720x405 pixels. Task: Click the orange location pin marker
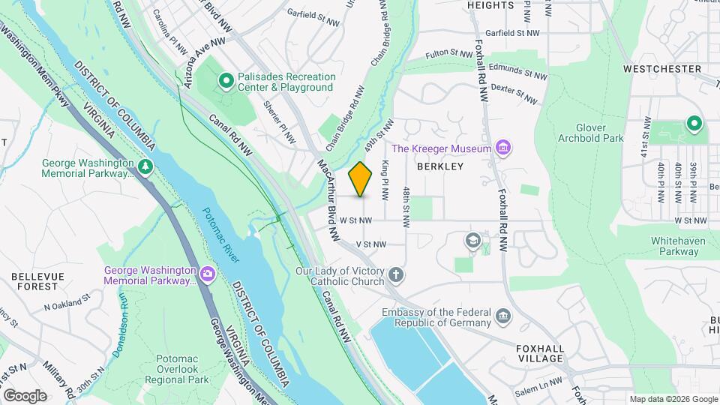click(361, 178)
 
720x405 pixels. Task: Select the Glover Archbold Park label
click(591, 133)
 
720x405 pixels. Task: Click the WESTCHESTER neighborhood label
click(661, 68)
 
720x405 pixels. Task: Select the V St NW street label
click(370, 244)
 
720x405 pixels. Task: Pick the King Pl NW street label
click(385, 181)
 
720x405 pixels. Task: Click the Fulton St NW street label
click(448, 53)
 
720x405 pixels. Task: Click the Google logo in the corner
click(25, 395)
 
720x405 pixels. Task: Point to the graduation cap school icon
click(472, 239)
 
